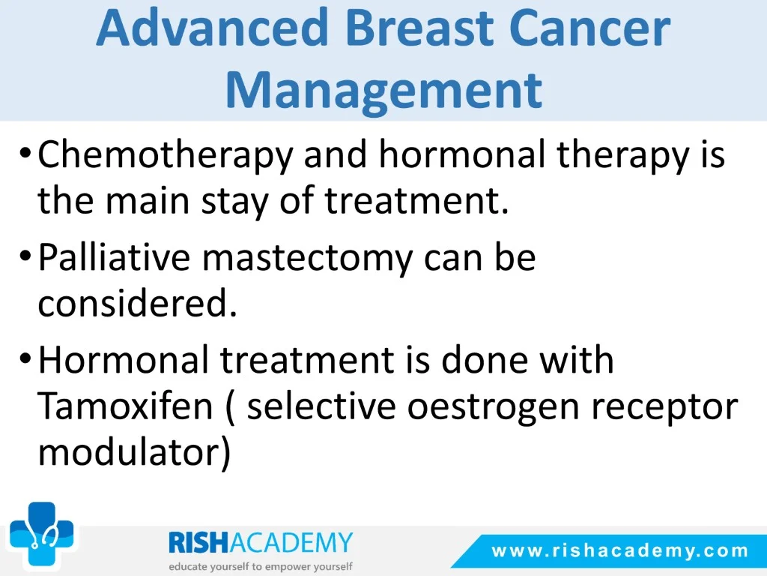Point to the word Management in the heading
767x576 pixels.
[384, 90]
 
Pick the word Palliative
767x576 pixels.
[115, 256]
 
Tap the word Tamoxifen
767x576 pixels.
[125, 406]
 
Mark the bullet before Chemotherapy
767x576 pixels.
[25, 153]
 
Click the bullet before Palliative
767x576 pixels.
[25, 255]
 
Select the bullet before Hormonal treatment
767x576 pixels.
[25, 358]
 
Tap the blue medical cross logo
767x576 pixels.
[42, 534]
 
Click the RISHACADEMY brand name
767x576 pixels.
[260, 543]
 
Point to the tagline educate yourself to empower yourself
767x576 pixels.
[260, 567]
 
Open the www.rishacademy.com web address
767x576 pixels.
[619, 551]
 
